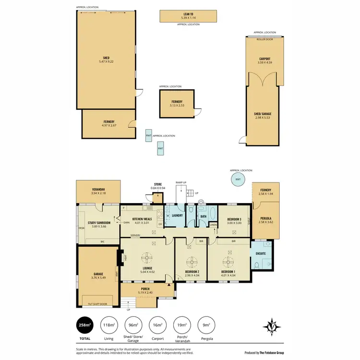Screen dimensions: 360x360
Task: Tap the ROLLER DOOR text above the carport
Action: [x=264, y=39]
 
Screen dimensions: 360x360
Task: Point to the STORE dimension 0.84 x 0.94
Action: [x=158, y=188]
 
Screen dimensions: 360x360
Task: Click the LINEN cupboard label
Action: [x=214, y=225]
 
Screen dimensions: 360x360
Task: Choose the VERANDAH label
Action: [x=98, y=190]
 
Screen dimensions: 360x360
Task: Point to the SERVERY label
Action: [x=135, y=235]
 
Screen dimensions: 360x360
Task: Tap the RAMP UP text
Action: [x=181, y=182]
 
